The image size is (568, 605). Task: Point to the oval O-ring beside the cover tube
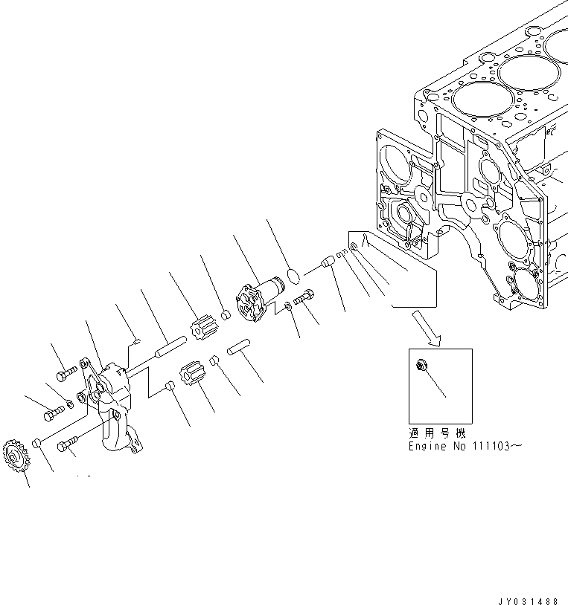click(294, 276)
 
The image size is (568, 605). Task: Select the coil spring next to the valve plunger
click(339, 257)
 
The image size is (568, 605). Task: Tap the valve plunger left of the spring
click(325, 263)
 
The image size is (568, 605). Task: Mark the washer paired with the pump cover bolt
click(287, 307)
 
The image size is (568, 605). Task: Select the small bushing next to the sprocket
click(35, 444)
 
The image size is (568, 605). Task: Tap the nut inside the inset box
click(421, 364)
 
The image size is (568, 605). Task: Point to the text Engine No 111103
click(461, 446)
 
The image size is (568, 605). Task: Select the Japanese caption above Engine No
click(436, 433)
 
